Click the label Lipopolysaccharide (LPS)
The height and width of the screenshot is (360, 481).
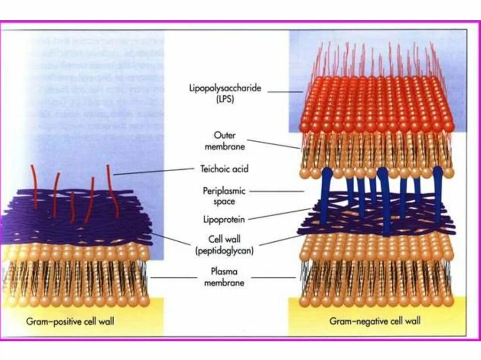point(225,93)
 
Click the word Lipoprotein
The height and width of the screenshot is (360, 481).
point(224,218)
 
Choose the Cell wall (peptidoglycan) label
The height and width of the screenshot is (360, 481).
point(225,245)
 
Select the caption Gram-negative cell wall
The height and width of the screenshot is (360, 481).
point(375,322)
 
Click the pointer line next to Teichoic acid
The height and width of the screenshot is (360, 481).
point(155,171)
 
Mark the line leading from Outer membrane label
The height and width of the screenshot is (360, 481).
point(273,144)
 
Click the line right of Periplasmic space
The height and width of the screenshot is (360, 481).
point(282,191)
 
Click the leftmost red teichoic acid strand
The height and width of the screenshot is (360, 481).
point(34,185)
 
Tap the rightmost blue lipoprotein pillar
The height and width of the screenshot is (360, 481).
point(438,192)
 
